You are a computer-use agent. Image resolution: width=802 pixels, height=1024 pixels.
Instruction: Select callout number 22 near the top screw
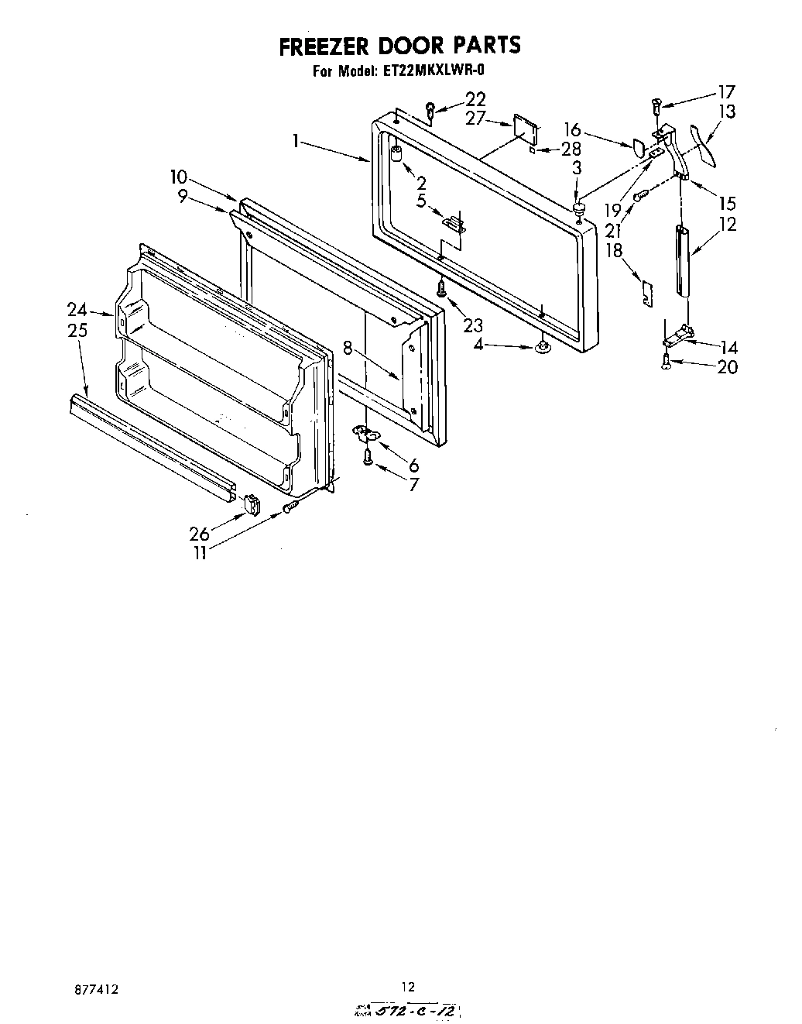tap(475, 99)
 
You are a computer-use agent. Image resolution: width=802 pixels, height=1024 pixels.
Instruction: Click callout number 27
tap(476, 119)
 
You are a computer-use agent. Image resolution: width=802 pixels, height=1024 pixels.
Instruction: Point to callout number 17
tap(725, 91)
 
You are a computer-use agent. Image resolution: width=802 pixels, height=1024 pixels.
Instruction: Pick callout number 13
tap(726, 112)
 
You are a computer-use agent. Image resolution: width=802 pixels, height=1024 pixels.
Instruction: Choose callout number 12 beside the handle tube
tap(727, 225)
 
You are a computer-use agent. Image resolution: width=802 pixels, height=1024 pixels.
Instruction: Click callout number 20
tap(727, 367)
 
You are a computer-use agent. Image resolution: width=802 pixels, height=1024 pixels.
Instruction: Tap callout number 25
tap(77, 330)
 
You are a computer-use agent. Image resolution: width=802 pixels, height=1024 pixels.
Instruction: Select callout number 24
tap(77, 310)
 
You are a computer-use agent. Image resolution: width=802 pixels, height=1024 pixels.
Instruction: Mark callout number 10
tap(180, 177)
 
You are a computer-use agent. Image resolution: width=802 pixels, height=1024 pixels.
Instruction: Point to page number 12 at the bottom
tap(408, 987)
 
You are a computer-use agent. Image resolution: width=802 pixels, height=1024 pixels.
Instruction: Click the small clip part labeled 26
tap(251, 505)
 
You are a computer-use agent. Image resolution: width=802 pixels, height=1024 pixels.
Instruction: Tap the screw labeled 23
tap(441, 289)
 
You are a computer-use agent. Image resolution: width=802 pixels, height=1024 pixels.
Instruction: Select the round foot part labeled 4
tap(543, 348)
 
